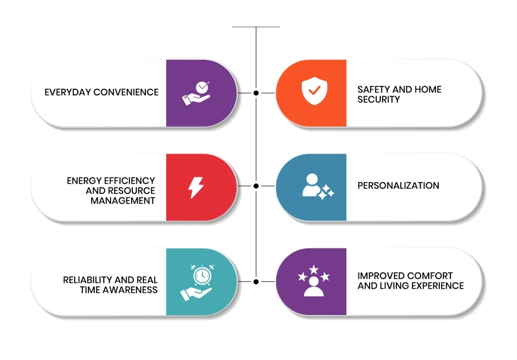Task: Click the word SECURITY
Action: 379,99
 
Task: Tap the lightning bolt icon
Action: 196,187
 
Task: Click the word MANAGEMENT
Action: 123,200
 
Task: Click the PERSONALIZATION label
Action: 398,186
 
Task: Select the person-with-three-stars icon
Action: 314,281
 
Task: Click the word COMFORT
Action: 430,276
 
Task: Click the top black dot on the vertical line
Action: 256,93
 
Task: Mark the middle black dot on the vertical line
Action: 256,186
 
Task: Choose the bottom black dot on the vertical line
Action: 256,281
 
